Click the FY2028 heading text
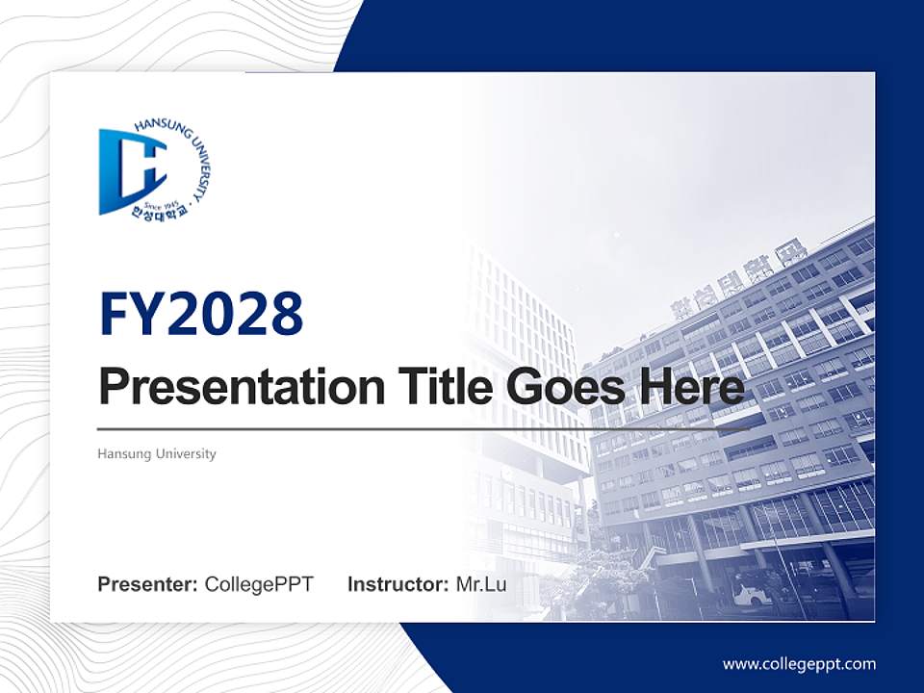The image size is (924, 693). (201, 314)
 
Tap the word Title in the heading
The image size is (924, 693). (437, 387)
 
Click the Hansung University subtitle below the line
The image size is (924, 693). (157, 453)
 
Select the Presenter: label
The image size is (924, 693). (148, 584)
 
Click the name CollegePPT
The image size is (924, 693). (259, 584)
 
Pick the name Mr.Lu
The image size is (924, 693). (481, 584)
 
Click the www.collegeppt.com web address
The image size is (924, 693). (799, 663)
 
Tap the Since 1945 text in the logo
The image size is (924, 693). (161, 203)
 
